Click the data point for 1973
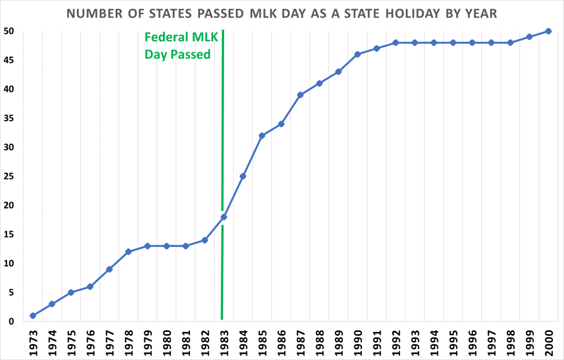(33, 316)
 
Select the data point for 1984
(242, 176)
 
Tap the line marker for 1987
(300, 95)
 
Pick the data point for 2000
(549, 31)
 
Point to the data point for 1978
(128, 252)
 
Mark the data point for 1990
(357, 54)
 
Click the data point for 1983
(224, 217)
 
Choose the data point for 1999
(529, 37)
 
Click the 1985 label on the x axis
(262, 342)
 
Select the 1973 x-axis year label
(33, 342)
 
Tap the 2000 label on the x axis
(549, 342)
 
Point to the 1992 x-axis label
(396, 342)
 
